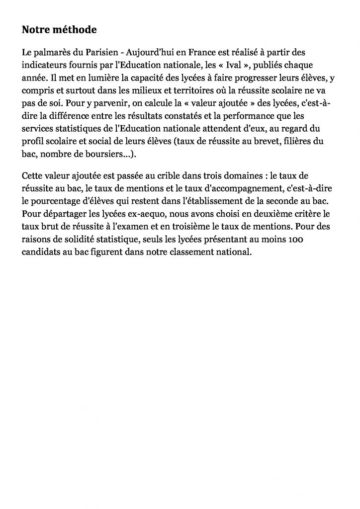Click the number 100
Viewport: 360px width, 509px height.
(302, 241)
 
